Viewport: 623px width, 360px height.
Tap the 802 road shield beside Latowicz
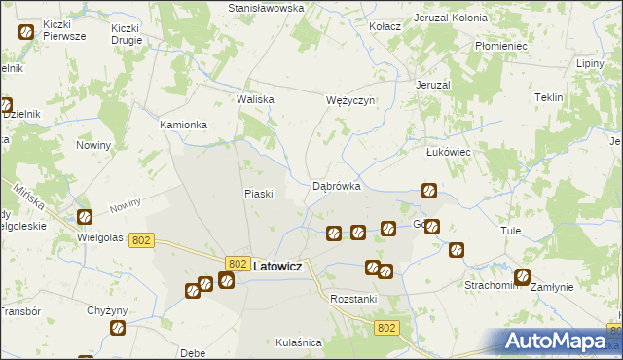238,264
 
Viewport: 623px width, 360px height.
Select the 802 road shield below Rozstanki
386,328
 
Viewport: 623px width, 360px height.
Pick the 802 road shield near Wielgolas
141,240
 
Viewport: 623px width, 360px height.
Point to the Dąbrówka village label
337,185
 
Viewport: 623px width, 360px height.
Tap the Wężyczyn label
349,100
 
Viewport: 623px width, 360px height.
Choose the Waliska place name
256,99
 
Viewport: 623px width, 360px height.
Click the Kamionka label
183,125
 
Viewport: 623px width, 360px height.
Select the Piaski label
257,193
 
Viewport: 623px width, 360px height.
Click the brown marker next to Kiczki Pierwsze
26,32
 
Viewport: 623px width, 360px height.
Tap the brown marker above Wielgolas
85,216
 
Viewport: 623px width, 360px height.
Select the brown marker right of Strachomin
523,276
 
